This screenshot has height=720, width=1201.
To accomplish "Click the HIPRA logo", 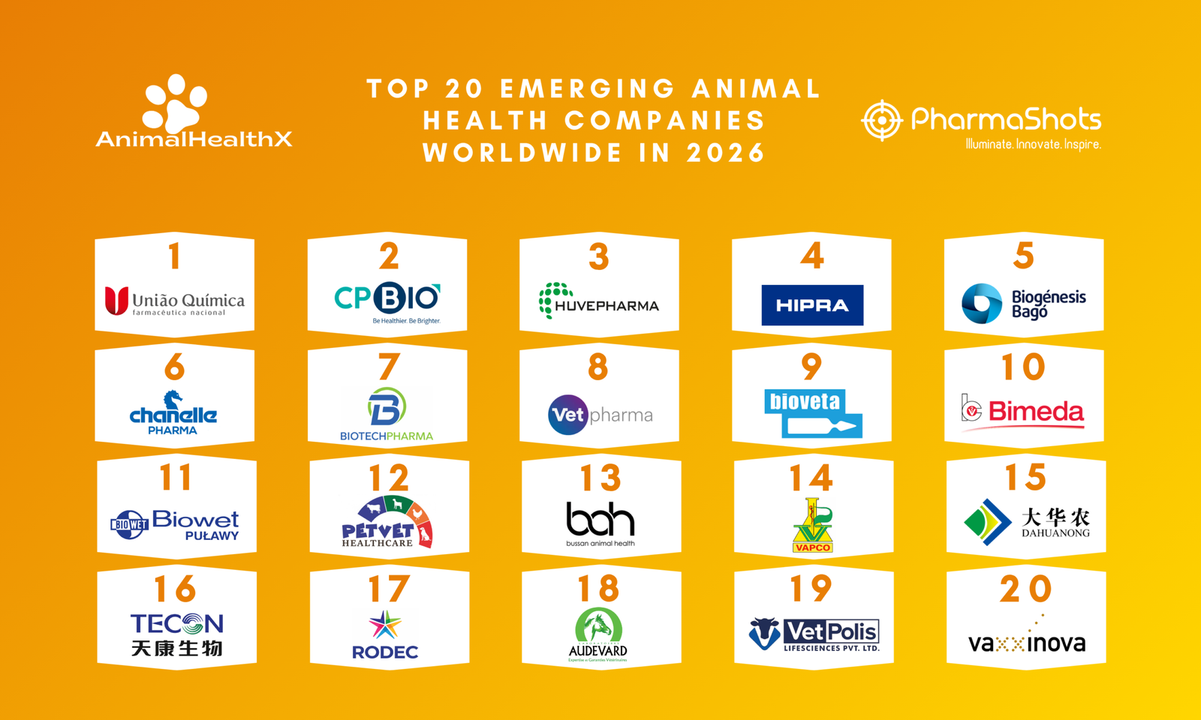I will (811, 305).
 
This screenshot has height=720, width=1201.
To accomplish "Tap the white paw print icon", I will (175, 103).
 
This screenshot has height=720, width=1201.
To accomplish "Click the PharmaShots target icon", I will (881, 120).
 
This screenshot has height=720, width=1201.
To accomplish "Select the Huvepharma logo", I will (598, 301).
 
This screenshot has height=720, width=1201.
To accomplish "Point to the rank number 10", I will (1023, 367).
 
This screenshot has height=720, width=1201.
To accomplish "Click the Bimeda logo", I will (1023, 412).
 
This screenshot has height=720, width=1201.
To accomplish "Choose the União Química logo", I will (174, 301).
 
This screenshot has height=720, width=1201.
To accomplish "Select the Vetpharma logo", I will (600, 415).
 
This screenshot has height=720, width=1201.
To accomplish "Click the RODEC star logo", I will (385, 625).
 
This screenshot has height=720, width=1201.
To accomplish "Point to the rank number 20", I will (1025, 589).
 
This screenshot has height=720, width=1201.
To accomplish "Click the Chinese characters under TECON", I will (176, 648).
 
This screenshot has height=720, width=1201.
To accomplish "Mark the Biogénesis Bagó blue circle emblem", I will (982, 304).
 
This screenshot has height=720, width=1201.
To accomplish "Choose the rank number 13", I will (600, 478).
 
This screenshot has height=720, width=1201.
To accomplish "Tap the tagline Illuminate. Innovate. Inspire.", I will (1033, 144).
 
